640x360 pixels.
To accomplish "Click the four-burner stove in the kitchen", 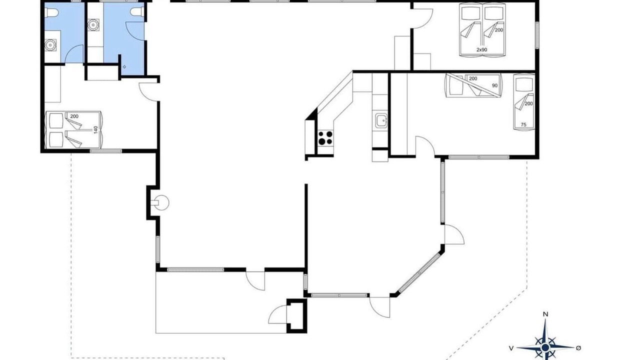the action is [325, 137].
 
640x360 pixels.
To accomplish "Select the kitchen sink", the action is [381, 120].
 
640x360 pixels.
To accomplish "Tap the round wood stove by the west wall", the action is [161, 202].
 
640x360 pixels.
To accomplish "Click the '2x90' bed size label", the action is [481, 49].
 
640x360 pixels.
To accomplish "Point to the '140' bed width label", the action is [95, 129].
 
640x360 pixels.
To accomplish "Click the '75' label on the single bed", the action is [523, 124].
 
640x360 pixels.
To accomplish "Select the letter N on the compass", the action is [545, 314].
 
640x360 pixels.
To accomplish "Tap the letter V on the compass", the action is [511, 348].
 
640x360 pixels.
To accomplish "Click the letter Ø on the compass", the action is [578, 347].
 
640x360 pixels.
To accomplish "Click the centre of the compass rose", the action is [545, 347].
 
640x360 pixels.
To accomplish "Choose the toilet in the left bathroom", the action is [51, 12].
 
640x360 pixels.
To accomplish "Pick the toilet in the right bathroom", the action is [137, 12].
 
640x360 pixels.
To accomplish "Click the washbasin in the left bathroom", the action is [50, 45].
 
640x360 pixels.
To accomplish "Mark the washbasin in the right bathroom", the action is [93, 24].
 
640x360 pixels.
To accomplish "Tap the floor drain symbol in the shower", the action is [124, 67].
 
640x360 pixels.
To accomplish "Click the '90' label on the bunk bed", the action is [494, 85].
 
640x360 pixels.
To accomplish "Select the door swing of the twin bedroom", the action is [422, 18].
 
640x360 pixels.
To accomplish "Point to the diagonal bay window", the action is [419, 272].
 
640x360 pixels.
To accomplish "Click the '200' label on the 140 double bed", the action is [74, 116].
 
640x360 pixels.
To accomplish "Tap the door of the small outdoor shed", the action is [277, 314].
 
